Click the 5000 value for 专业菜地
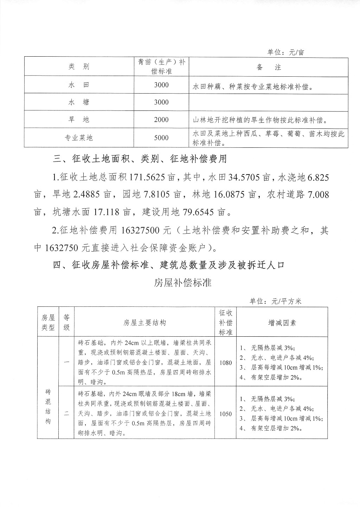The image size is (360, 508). click(161, 138)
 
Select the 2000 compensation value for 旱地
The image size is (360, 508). click(161, 120)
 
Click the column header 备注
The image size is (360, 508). click(269, 67)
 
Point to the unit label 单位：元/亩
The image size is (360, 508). click(285, 52)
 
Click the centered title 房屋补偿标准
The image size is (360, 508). click(182, 282)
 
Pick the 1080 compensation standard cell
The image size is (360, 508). click(226, 363)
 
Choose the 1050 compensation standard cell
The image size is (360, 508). click(226, 414)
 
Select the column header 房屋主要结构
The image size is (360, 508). click(144, 323)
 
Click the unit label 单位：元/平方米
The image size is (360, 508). click(276, 301)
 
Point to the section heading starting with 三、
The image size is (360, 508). click(140, 159)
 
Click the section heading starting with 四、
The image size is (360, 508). click(168, 265)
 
